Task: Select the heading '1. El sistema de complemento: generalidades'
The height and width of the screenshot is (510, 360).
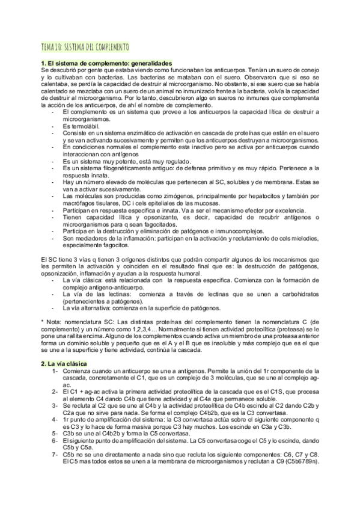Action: pyautogui.click(x=106, y=63)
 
